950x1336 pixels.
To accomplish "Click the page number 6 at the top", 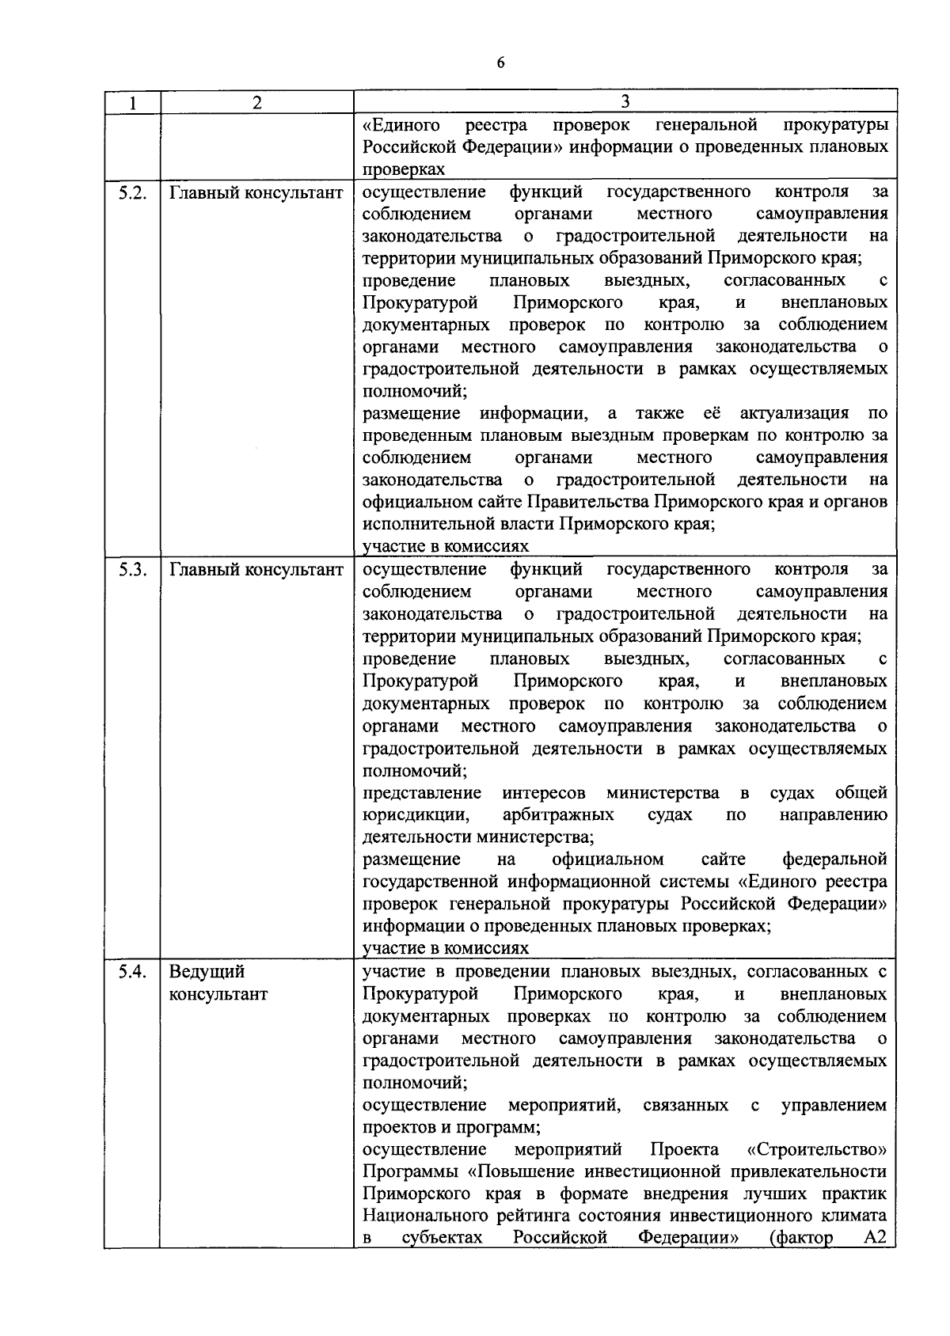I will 500,64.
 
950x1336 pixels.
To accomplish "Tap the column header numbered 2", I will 256,102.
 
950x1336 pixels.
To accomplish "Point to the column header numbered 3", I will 625,101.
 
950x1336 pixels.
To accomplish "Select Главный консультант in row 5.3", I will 256,570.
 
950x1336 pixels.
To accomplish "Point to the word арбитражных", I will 558,814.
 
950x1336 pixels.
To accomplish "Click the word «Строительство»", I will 816,1149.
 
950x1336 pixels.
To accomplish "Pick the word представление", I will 422,792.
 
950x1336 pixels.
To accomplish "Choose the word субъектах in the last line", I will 442,1238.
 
